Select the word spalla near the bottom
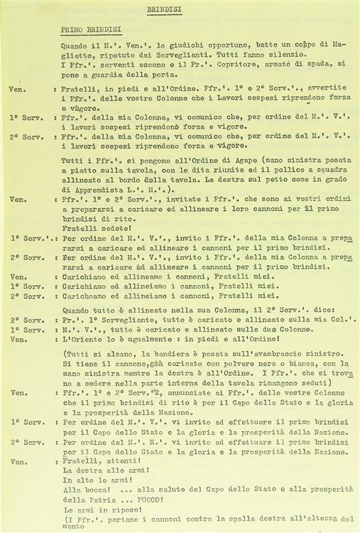point(250,519)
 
